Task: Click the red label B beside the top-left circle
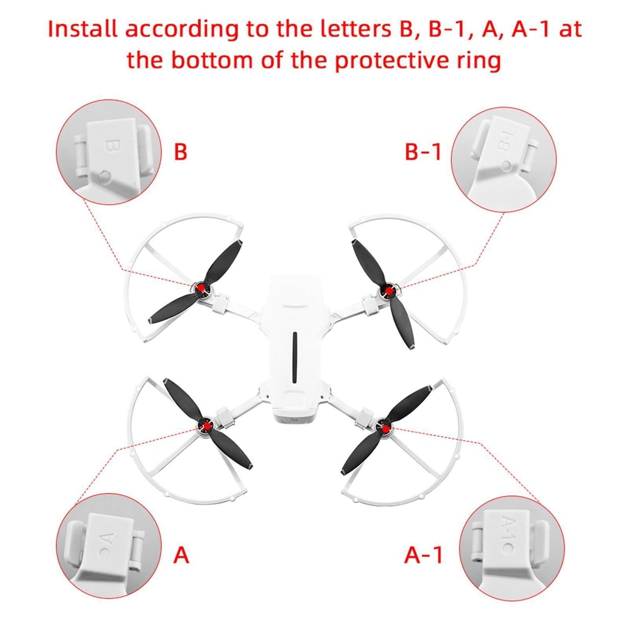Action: [x=181, y=152]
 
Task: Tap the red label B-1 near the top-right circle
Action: [x=423, y=152]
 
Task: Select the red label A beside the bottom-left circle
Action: [x=182, y=555]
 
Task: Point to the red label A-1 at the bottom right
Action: [x=423, y=555]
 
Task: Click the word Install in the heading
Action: [x=83, y=29]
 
